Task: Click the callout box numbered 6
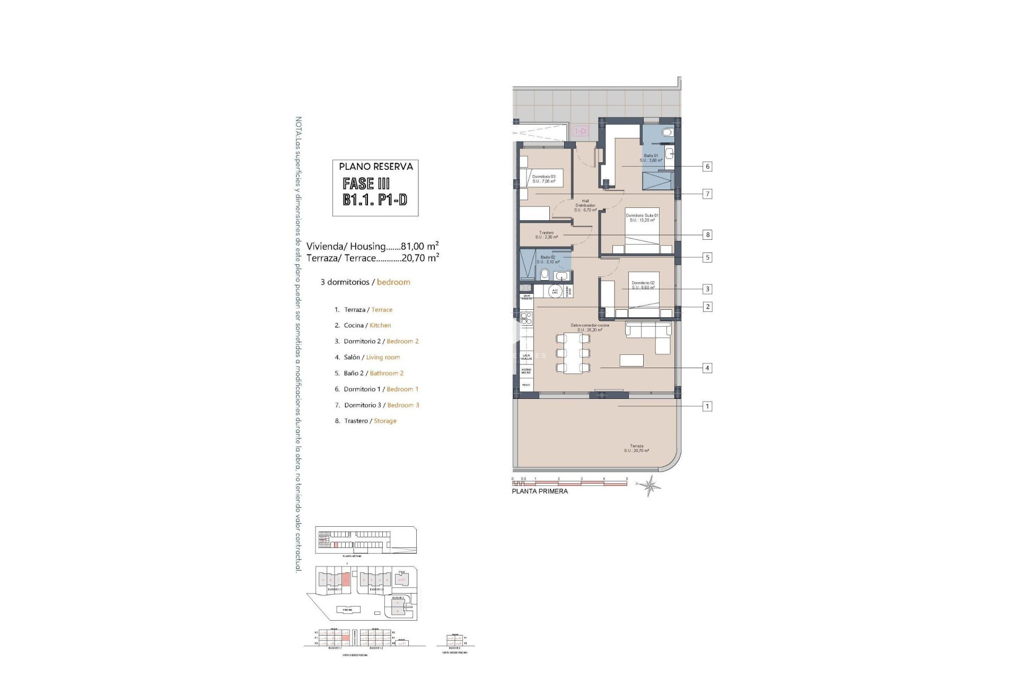pos(707,167)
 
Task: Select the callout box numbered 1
pos(707,406)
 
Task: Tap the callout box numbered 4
pos(707,368)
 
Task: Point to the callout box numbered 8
pos(707,234)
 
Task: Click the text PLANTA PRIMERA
pos(540,491)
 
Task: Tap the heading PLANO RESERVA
pos(376,167)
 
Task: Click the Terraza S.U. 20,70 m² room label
pos(636,448)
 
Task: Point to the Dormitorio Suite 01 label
pos(642,217)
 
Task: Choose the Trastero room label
pos(546,235)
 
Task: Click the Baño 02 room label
pos(548,259)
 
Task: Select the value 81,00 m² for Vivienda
pos(419,246)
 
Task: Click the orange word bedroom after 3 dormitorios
pos(393,282)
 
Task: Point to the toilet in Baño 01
pos(667,132)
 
